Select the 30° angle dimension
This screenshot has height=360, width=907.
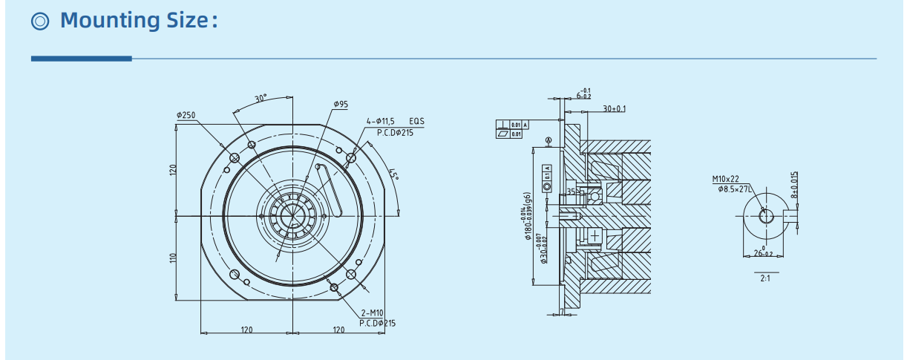coord(261,98)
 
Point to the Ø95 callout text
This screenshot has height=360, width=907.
coord(341,105)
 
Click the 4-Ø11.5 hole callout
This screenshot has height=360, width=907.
coord(384,121)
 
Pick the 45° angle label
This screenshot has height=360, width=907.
coord(393,176)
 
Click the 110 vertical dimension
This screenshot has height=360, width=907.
coord(172,258)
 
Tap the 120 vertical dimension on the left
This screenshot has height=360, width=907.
coord(172,170)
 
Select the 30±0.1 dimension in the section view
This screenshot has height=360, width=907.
coord(614,108)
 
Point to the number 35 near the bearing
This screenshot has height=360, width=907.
coord(571,192)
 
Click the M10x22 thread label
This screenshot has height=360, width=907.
coord(726,179)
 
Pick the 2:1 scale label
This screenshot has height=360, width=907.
coord(766,278)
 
